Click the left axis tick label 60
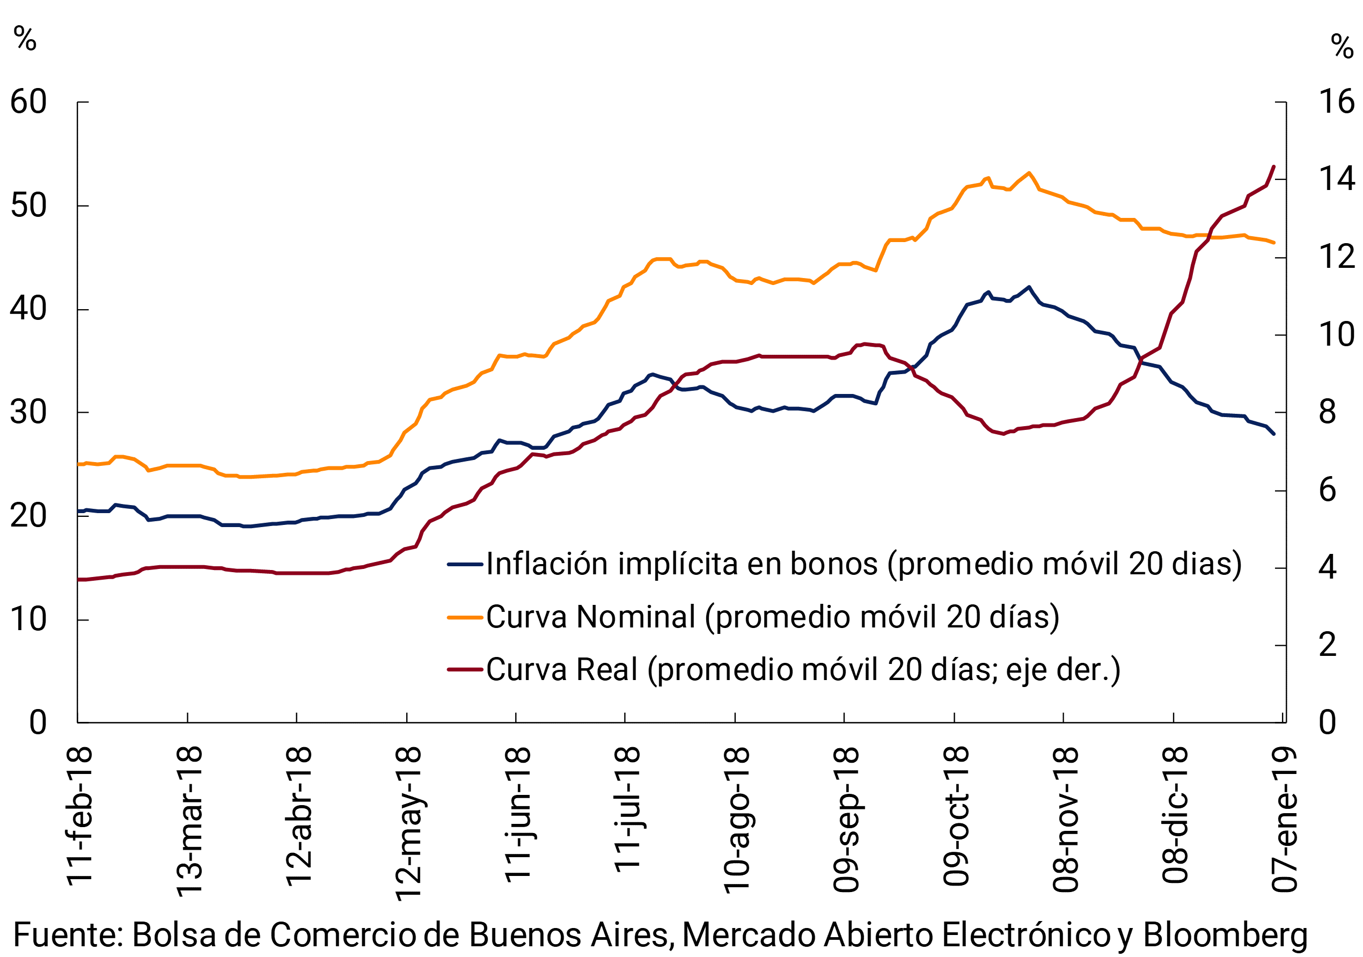click(28, 103)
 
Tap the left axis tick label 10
click(28, 620)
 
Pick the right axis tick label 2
click(1328, 645)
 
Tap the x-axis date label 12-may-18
click(408, 824)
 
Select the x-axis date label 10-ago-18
click(737, 820)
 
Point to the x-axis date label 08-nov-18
click(1066, 819)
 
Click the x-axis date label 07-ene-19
click(1285, 819)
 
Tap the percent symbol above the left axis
click(25, 39)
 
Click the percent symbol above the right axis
click(1342, 46)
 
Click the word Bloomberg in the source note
click(1225, 936)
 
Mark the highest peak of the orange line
click(1029, 173)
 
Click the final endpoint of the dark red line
click(1274, 166)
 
